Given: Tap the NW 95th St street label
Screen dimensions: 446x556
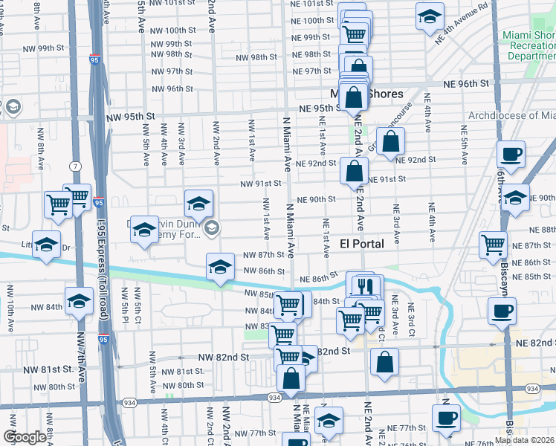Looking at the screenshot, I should click(130, 117).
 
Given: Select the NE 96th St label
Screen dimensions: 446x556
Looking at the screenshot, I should click(468, 84).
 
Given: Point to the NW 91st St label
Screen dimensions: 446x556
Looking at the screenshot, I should click(259, 183).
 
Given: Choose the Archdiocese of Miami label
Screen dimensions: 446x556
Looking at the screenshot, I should click(511, 116).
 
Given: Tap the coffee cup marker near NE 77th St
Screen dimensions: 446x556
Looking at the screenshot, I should click(446, 418).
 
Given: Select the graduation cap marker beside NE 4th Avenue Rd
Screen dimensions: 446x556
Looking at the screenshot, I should click(429, 18).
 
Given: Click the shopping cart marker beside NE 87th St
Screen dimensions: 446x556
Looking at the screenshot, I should click(494, 245).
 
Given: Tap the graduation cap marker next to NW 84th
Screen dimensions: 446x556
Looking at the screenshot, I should click(78, 301).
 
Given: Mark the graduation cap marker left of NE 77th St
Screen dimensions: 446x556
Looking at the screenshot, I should click(329, 420).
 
